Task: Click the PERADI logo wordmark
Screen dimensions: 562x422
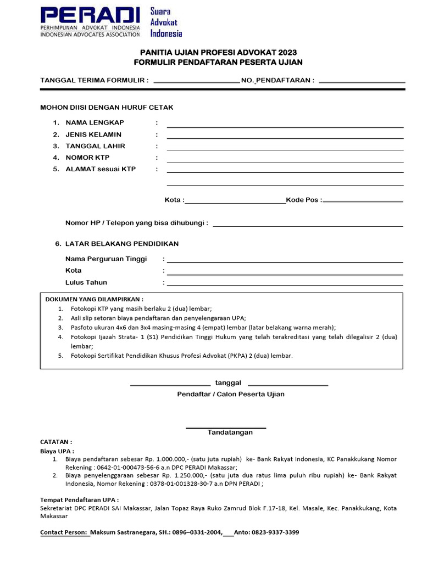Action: (91, 16)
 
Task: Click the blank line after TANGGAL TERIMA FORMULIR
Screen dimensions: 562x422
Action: (196, 82)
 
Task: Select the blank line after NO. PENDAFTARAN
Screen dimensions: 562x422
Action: (362, 82)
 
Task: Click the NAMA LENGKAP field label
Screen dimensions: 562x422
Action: (95, 122)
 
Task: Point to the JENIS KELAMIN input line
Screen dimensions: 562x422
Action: (285, 138)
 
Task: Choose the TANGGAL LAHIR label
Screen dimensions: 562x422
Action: (95, 146)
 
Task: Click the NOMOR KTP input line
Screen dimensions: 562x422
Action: (285, 161)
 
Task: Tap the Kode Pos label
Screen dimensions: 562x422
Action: (303, 200)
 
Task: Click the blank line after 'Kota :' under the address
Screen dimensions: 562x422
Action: (235, 203)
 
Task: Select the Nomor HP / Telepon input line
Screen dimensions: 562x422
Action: (308, 226)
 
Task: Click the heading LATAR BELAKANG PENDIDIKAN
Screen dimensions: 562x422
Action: (121, 244)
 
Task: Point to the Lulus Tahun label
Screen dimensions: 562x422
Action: (86, 283)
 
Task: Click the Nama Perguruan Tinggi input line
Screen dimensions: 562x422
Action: (285, 262)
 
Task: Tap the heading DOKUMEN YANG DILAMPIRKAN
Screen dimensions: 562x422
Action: (94, 300)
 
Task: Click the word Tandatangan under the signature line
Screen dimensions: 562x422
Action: (230, 432)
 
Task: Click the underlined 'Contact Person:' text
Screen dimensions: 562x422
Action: (64, 532)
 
